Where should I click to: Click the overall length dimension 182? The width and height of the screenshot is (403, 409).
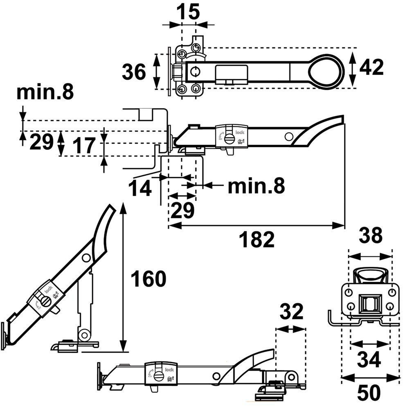click(257, 240)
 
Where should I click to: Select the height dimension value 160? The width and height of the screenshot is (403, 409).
click(148, 279)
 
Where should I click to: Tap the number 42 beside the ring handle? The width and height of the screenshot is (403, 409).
click(371, 67)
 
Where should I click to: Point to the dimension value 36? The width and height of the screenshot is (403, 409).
click(134, 73)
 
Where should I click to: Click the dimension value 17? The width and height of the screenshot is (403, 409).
click(85, 145)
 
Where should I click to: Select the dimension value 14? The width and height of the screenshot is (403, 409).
click(141, 189)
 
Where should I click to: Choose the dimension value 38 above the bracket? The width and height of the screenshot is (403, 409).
click(370, 236)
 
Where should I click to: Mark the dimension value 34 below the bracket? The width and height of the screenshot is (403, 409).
click(369, 360)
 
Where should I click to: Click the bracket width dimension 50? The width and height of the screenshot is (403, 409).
click(369, 393)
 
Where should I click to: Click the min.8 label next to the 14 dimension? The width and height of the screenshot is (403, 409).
click(256, 186)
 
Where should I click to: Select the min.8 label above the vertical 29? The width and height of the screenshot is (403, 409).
click(45, 93)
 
